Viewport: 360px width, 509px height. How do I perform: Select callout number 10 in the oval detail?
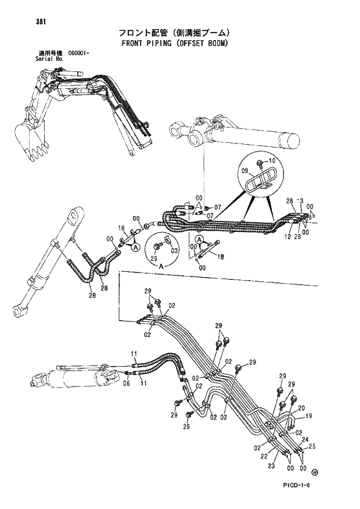point(272,160)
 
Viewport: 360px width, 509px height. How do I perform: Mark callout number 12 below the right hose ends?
point(287,236)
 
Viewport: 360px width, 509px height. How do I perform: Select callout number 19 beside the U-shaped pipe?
point(308,416)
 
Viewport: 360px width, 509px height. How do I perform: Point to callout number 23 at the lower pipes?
point(271,466)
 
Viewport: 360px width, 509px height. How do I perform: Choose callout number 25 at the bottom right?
point(312,447)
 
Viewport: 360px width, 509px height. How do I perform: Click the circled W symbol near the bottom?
point(315,472)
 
